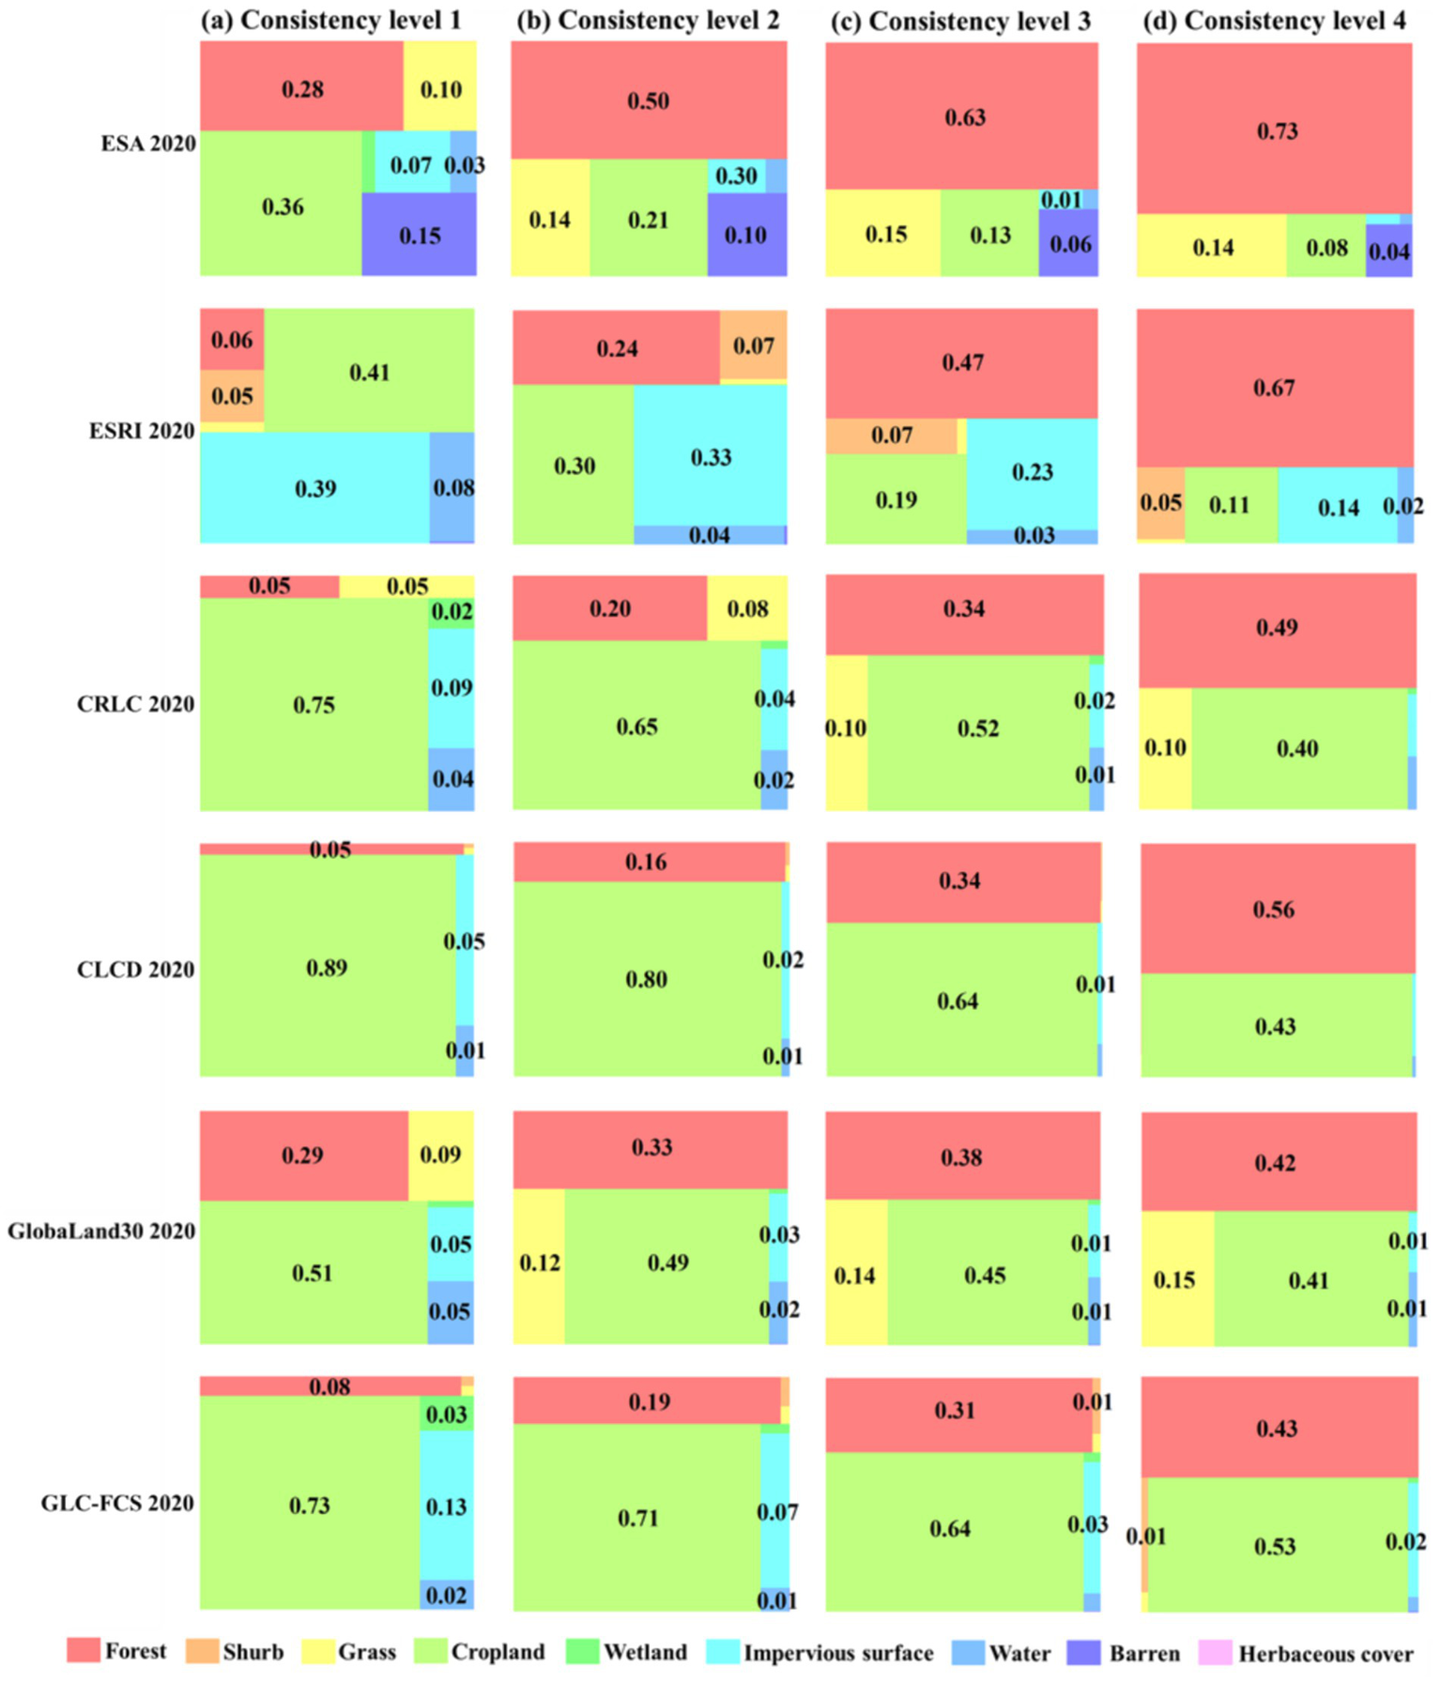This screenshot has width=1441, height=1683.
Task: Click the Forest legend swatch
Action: [x=83, y=1651]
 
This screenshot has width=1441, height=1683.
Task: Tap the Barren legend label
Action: [x=1143, y=1653]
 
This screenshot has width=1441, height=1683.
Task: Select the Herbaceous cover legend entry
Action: [x=1325, y=1653]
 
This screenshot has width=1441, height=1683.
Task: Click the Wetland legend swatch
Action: [x=582, y=1652]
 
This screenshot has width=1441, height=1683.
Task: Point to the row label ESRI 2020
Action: [x=142, y=431]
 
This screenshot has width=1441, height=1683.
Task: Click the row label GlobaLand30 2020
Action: [x=101, y=1231]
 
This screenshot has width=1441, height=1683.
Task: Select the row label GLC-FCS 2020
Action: [x=117, y=1503]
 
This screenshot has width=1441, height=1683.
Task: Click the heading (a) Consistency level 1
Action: [x=331, y=21]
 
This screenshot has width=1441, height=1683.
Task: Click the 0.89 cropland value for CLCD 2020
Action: [x=327, y=968]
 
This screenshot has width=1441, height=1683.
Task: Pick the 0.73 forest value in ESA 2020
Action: [x=1277, y=130]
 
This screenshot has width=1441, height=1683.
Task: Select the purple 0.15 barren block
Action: [x=419, y=236]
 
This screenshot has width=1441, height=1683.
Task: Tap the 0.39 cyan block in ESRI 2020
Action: [x=315, y=488]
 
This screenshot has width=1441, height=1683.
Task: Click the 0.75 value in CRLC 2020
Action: [x=314, y=705]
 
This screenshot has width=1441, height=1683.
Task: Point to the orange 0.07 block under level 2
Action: [x=753, y=346]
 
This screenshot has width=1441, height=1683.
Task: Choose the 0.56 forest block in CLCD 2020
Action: [x=1274, y=910]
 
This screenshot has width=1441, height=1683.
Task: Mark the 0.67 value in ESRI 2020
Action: [x=1274, y=388]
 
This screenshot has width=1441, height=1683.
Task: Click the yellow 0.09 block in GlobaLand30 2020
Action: [x=440, y=1155]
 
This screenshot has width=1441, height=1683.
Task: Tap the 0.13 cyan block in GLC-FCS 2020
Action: [x=446, y=1507]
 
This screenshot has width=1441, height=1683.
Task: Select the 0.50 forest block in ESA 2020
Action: [x=649, y=100]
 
